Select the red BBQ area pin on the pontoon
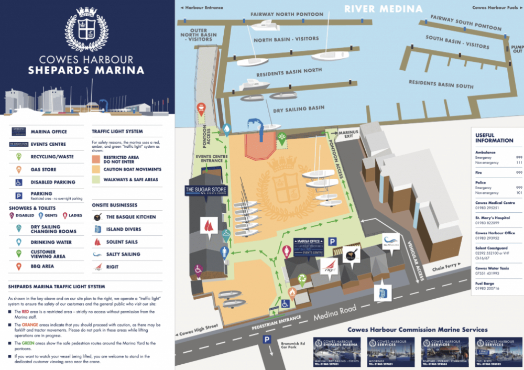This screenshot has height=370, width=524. tap(202, 107)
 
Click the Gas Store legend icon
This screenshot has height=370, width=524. tap(19, 169)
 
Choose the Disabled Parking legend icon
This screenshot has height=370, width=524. tap(19, 182)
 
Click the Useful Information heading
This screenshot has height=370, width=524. tap(494, 138)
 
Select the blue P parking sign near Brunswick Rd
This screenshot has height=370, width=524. tap(267, 339)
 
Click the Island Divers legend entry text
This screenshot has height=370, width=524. tap(124, 230)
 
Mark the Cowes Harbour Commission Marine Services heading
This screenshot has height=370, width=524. tap(417, 330)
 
